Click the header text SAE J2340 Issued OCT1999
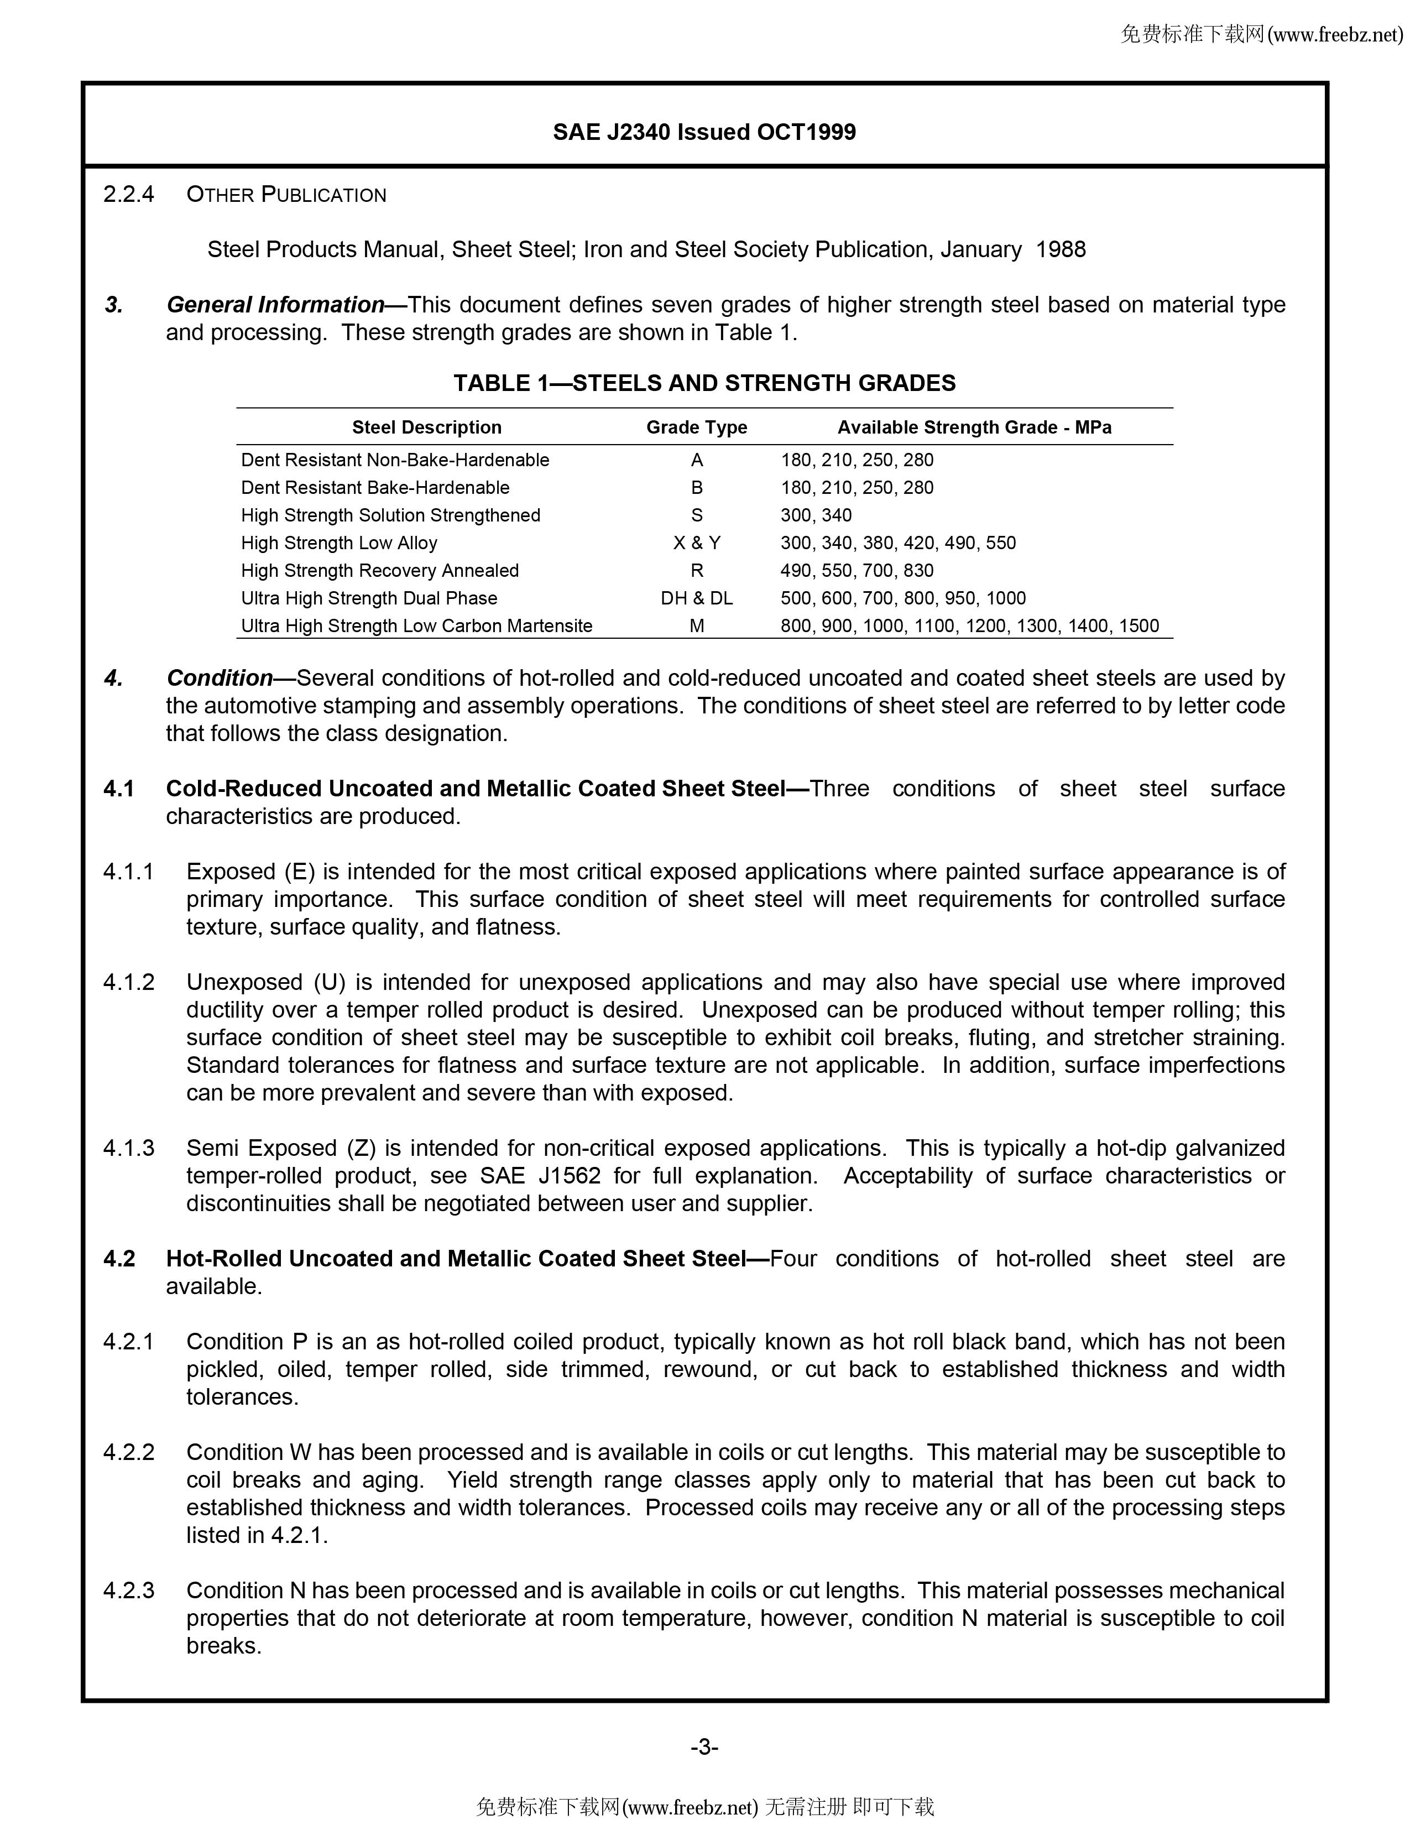pyautogui.click(x=704, y=132)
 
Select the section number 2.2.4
pyautogui.click(x=129, y=195)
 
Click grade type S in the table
pyautogui.click(x=697, y=515)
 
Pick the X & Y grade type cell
pyautogui.click(x=697, y=543)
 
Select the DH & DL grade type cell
pyautogui.click(x=697, y=598)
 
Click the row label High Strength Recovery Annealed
pyautogui.click(x=380, y=571)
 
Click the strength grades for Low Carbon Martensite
pyautogui.click(x=969, y=626)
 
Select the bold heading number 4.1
pyautogui.click(x=119, y=789)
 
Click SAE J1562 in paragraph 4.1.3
pyautogui.click(x=540, y=1176)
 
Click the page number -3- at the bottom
pyautogui.click(x=704, y=1746)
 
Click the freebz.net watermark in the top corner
pyautogui.click(x=1261, y=34)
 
